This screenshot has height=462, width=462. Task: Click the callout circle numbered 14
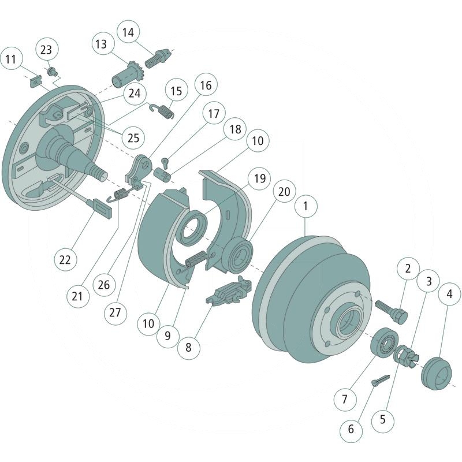[x=128, y=33]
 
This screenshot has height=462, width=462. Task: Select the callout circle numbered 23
[x=46, y=50]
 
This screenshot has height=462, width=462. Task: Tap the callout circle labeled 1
[x=306, y=206]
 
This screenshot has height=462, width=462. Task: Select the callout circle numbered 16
[x=206, y=85]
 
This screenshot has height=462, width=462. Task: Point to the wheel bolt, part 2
[x=392, y=310]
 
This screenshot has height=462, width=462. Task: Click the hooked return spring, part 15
[x=163, y=109]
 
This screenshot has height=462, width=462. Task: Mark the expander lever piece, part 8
[x=229, y=292]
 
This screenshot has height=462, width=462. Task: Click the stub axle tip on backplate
[x=103, y=172]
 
